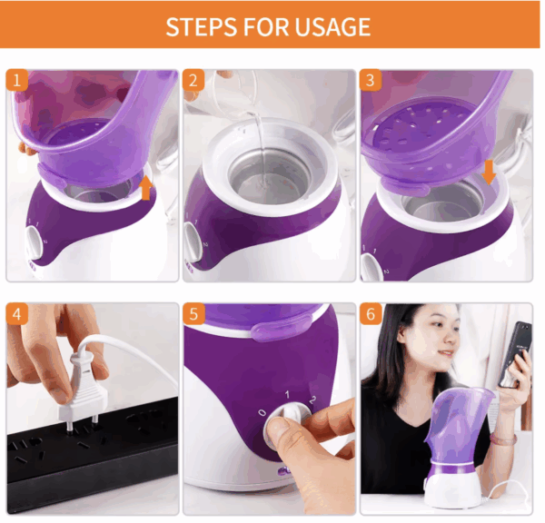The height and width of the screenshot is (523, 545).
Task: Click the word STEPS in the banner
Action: pos(202,26)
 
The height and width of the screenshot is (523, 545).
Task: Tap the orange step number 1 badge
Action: pos(16,80)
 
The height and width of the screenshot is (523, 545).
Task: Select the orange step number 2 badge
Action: pos(193,80)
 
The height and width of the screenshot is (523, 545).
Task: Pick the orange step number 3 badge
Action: pos(371,80)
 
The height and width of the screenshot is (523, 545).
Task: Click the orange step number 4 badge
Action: pos(16,314)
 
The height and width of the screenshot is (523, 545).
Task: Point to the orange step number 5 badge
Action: pos(193,314)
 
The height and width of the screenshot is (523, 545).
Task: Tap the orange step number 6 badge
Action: pos(371,314)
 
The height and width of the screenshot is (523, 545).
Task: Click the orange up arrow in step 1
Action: pos(146,188)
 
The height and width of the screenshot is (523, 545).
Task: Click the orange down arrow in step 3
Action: pos(489,172)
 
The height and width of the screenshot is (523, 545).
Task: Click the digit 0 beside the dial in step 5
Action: pos(263,412)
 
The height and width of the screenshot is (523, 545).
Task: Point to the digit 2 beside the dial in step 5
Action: pos(312,400)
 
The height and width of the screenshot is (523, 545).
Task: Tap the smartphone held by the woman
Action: pos(514,353)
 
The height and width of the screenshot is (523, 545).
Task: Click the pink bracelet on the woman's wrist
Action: pos(502,439)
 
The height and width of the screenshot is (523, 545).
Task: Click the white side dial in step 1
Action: pos(34,242)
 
